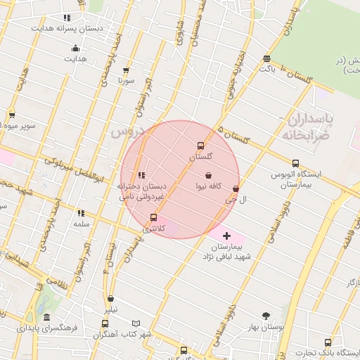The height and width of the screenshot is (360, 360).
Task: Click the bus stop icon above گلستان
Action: click(201, 146)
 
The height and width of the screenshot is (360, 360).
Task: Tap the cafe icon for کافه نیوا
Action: click(208, 175)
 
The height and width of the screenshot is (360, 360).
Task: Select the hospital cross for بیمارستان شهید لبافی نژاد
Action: click(226, 236)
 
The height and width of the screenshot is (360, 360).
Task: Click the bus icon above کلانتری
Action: click(154, 218)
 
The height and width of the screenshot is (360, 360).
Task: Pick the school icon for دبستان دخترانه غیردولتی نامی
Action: click(141, 175)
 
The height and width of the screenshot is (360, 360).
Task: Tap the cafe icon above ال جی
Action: click(236, 189)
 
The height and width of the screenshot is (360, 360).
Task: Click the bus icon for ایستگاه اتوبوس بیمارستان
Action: click(295, 164)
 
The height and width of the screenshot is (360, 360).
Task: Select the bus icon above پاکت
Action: click(266, 58)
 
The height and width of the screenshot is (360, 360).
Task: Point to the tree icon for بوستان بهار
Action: click(265, 316)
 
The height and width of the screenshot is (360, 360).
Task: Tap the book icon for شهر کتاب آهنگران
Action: click(136, 324)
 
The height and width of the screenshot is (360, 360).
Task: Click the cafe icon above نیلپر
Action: click(111, 299)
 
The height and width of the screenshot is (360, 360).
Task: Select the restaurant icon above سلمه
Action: click(81, 213)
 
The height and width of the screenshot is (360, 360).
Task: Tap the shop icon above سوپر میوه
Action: click(12, 115)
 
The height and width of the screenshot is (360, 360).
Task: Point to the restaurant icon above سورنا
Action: click(126, 70)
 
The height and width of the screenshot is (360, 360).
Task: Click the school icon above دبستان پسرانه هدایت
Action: click(67, 18)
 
